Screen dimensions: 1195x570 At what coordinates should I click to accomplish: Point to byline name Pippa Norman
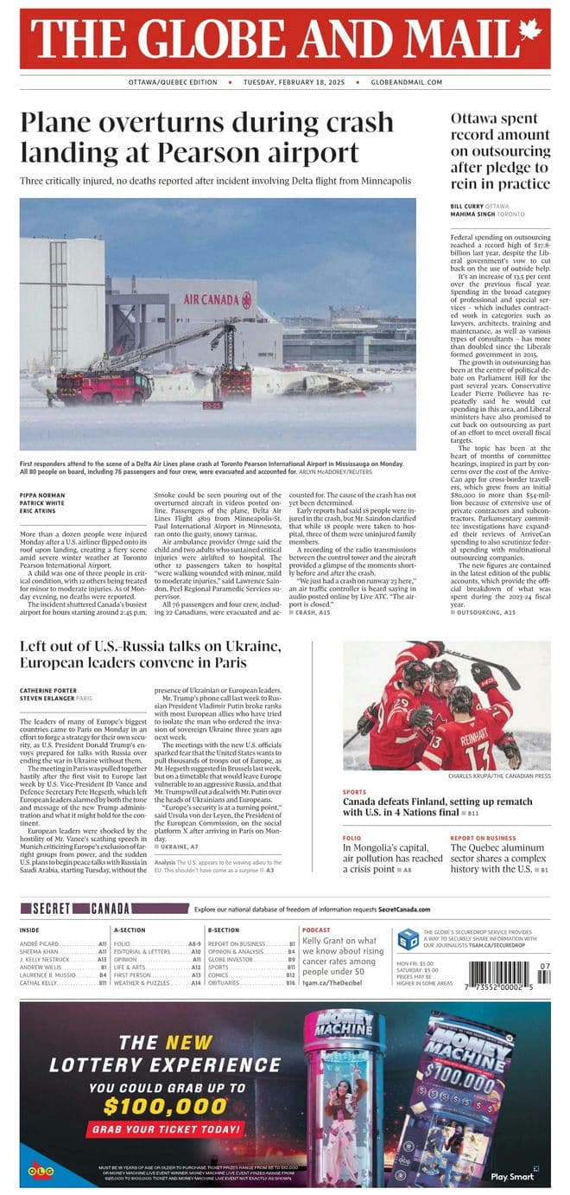click(x=42, y=495)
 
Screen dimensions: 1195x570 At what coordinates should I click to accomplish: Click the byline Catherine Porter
click(x=50, y=689)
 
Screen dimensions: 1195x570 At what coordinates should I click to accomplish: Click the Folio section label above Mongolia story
click(x=351, y=838)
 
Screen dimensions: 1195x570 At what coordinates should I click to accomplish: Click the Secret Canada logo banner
click(x=104, y=909)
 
